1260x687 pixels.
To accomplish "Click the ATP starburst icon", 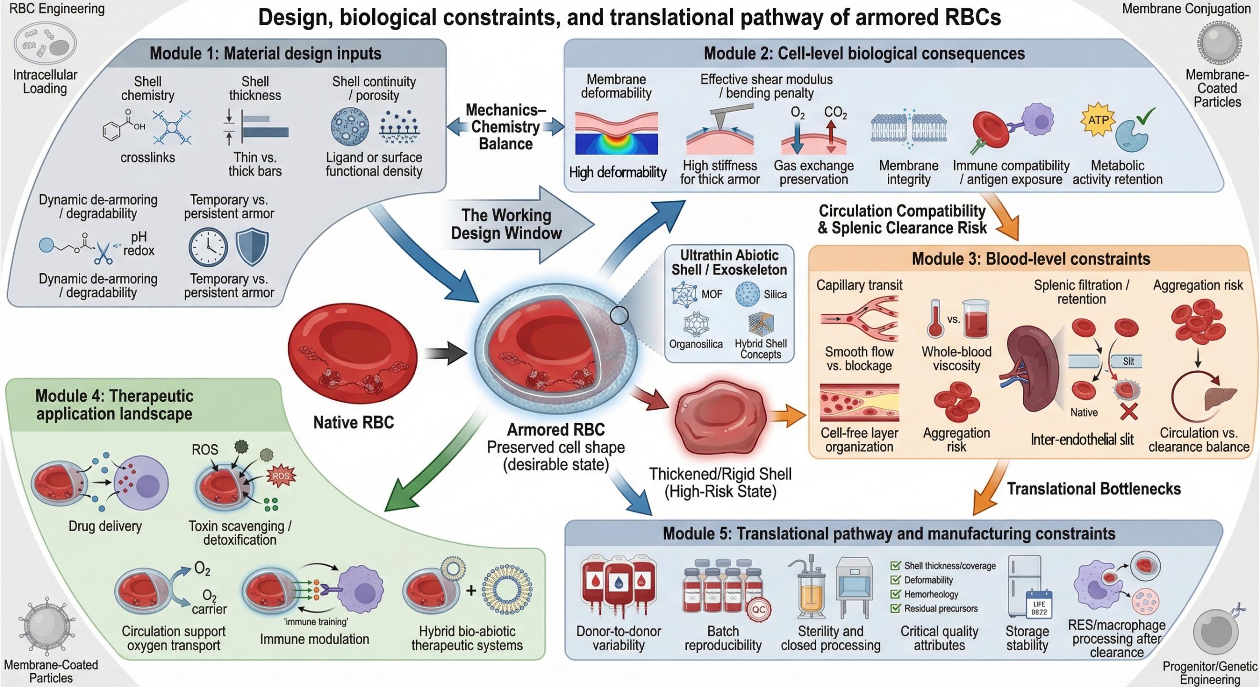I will click(x=1098, y=119).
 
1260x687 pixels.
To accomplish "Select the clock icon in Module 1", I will click(x=209, y=247).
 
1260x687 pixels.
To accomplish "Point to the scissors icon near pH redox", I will click(x=103, y=252).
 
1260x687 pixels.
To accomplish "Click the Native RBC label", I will click(x=353, y=422).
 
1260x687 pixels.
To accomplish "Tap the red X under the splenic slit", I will click(x=1129, y=411).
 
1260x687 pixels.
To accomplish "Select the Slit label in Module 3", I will click(x=1128, y=361).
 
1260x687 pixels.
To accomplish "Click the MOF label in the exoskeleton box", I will click(x=712, y=294).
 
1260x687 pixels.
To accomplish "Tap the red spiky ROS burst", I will click(x=281, y=476).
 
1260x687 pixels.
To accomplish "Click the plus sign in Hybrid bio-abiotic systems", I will click(x=471, y=591).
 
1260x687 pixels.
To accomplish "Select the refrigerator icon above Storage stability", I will click(x=1025, y=584).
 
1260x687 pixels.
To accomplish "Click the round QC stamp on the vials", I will click(x=759, y=610).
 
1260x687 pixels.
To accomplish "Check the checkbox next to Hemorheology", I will click(x=895, y=594).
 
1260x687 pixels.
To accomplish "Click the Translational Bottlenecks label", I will click(x=1094, y=489).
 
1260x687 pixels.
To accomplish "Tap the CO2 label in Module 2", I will click(x=835, y=113).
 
